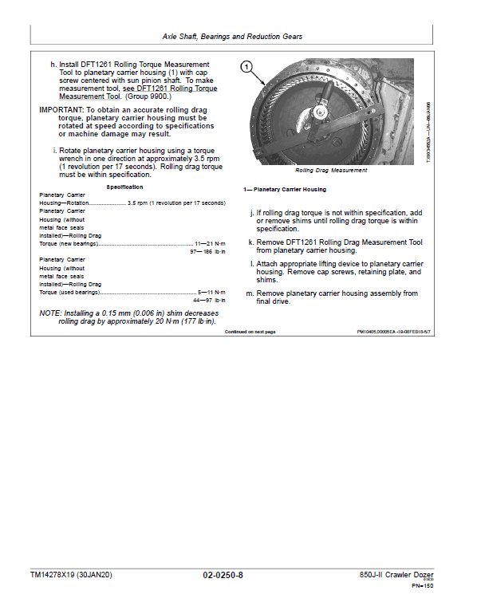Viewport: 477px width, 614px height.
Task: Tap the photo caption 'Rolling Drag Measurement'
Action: click(x=331, y=171)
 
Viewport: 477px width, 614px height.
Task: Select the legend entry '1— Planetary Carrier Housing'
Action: click(x=285, y=190)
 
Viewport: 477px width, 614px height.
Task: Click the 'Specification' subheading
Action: click(x=125, y=187)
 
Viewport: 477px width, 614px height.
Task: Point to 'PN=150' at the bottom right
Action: click(x=422, y=586)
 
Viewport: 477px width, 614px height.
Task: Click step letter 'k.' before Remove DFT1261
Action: click(x=251, y=242)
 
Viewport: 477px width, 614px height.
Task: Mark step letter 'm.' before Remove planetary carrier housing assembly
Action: click(x=252, y=293)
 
